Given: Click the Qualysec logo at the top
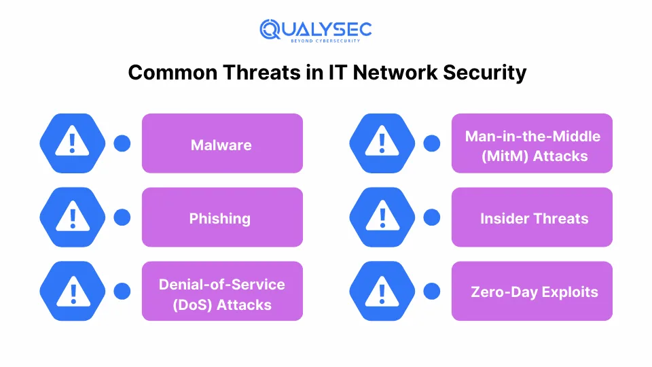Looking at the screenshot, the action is [x=316, y=31].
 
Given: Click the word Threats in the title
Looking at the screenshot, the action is [x=262, y=73].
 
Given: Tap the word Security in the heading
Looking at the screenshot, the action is [x=484, y=73].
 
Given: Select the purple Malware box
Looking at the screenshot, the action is [x=222, y=143].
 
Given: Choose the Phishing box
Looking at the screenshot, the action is [x=222, y=217].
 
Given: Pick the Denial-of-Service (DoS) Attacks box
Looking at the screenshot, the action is [x=222, y=292].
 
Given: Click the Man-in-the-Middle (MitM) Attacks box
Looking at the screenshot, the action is [x=532, y=143].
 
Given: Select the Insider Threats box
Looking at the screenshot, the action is [x=532, y=217].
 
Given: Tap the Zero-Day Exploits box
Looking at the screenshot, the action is [x=532, y=292].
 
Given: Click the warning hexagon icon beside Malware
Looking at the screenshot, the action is [x=73, y=143].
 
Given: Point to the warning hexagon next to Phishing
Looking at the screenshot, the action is [x=73, y=217].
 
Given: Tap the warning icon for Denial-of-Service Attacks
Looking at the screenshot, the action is [x=73, y=292].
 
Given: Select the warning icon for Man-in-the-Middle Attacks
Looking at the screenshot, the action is [x=382, y=143].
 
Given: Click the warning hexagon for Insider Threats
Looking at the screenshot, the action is [x=382, y=217].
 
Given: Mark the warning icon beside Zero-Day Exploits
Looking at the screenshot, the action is [x=382, y=292].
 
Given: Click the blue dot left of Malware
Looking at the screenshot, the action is [x=122, y=143].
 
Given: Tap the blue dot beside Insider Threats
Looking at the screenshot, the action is [x=432, y=217].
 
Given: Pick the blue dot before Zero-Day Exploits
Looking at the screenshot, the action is [x=432, y=292].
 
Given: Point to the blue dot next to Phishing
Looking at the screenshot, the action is [x=122, y=217].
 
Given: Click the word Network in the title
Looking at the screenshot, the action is [x=395, y=73].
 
